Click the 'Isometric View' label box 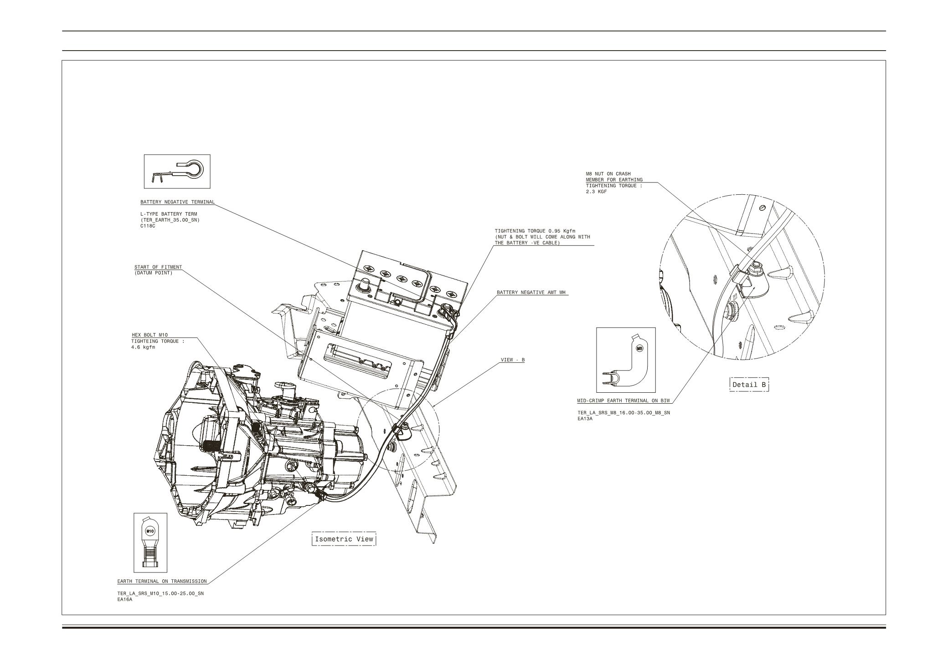click(x=344, y=539)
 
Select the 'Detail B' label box click(x=749, y=385)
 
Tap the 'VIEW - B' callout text click(x=513, y=360)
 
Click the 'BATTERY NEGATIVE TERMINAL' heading click(x=177, y=202)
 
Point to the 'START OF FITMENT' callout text click(x=158, y=267)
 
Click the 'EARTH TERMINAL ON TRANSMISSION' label click(x=162, y=582)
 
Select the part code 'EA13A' click(x=585, y=419)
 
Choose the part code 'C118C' click(x=148, y=226)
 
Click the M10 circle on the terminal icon click(x=150, y=531)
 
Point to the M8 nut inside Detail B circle click(x=756, y=265)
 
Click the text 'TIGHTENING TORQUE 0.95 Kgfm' click(x=535, y=231)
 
